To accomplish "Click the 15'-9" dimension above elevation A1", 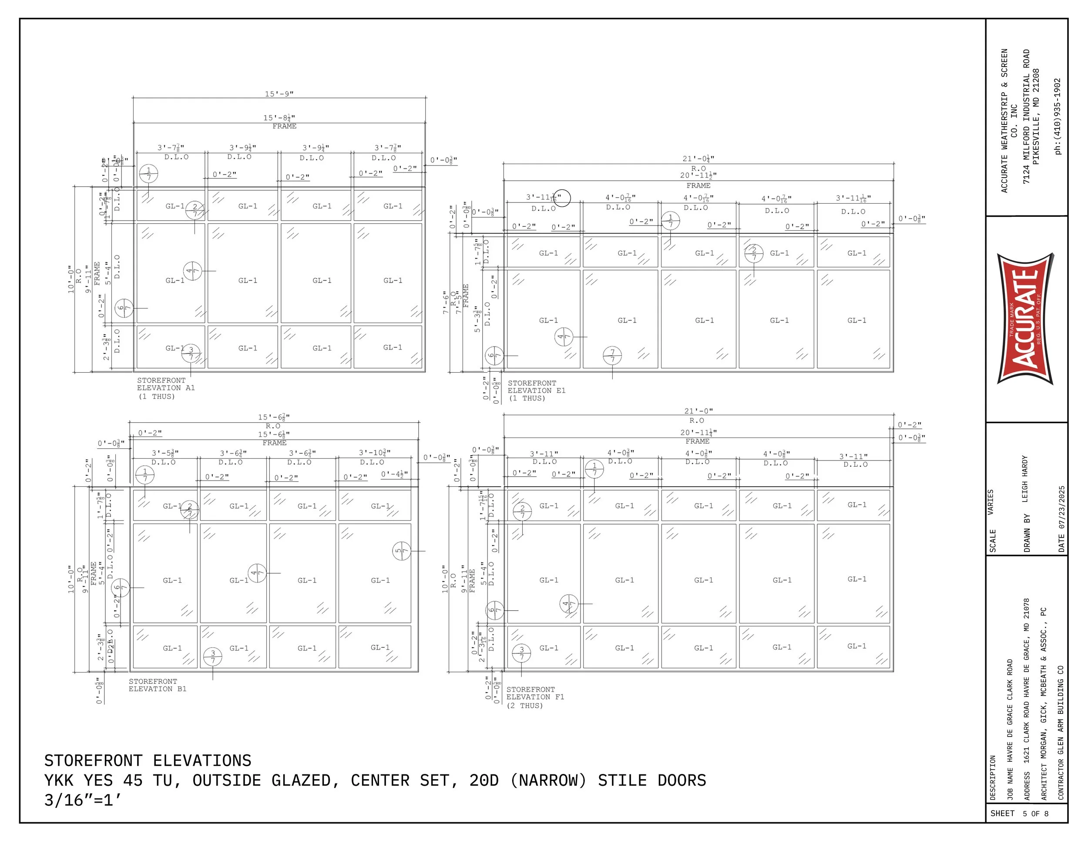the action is point(279,94).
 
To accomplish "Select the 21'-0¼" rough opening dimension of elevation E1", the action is point(698,159).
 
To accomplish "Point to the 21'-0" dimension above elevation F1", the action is point(698,411).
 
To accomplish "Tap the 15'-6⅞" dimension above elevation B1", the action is point(273,417).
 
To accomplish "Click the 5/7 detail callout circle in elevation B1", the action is point(402,551).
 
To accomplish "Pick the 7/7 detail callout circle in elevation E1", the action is point(612,356).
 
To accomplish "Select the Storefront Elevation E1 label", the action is point(536,390).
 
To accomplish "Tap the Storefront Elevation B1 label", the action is point(158,685).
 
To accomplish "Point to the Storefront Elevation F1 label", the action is point(535,697).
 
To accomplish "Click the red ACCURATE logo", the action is point(1025,319).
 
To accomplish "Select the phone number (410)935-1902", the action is point(1058,116).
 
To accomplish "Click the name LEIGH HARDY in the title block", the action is point(1025,479).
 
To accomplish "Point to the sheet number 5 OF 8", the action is point(1036,814).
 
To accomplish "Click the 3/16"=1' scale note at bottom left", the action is point(83,800).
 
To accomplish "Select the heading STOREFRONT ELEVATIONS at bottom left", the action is point(148,761).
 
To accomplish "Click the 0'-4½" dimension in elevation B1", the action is point(394,474).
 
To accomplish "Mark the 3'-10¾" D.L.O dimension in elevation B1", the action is point(375,453).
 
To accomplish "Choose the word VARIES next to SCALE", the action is point(991,502).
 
